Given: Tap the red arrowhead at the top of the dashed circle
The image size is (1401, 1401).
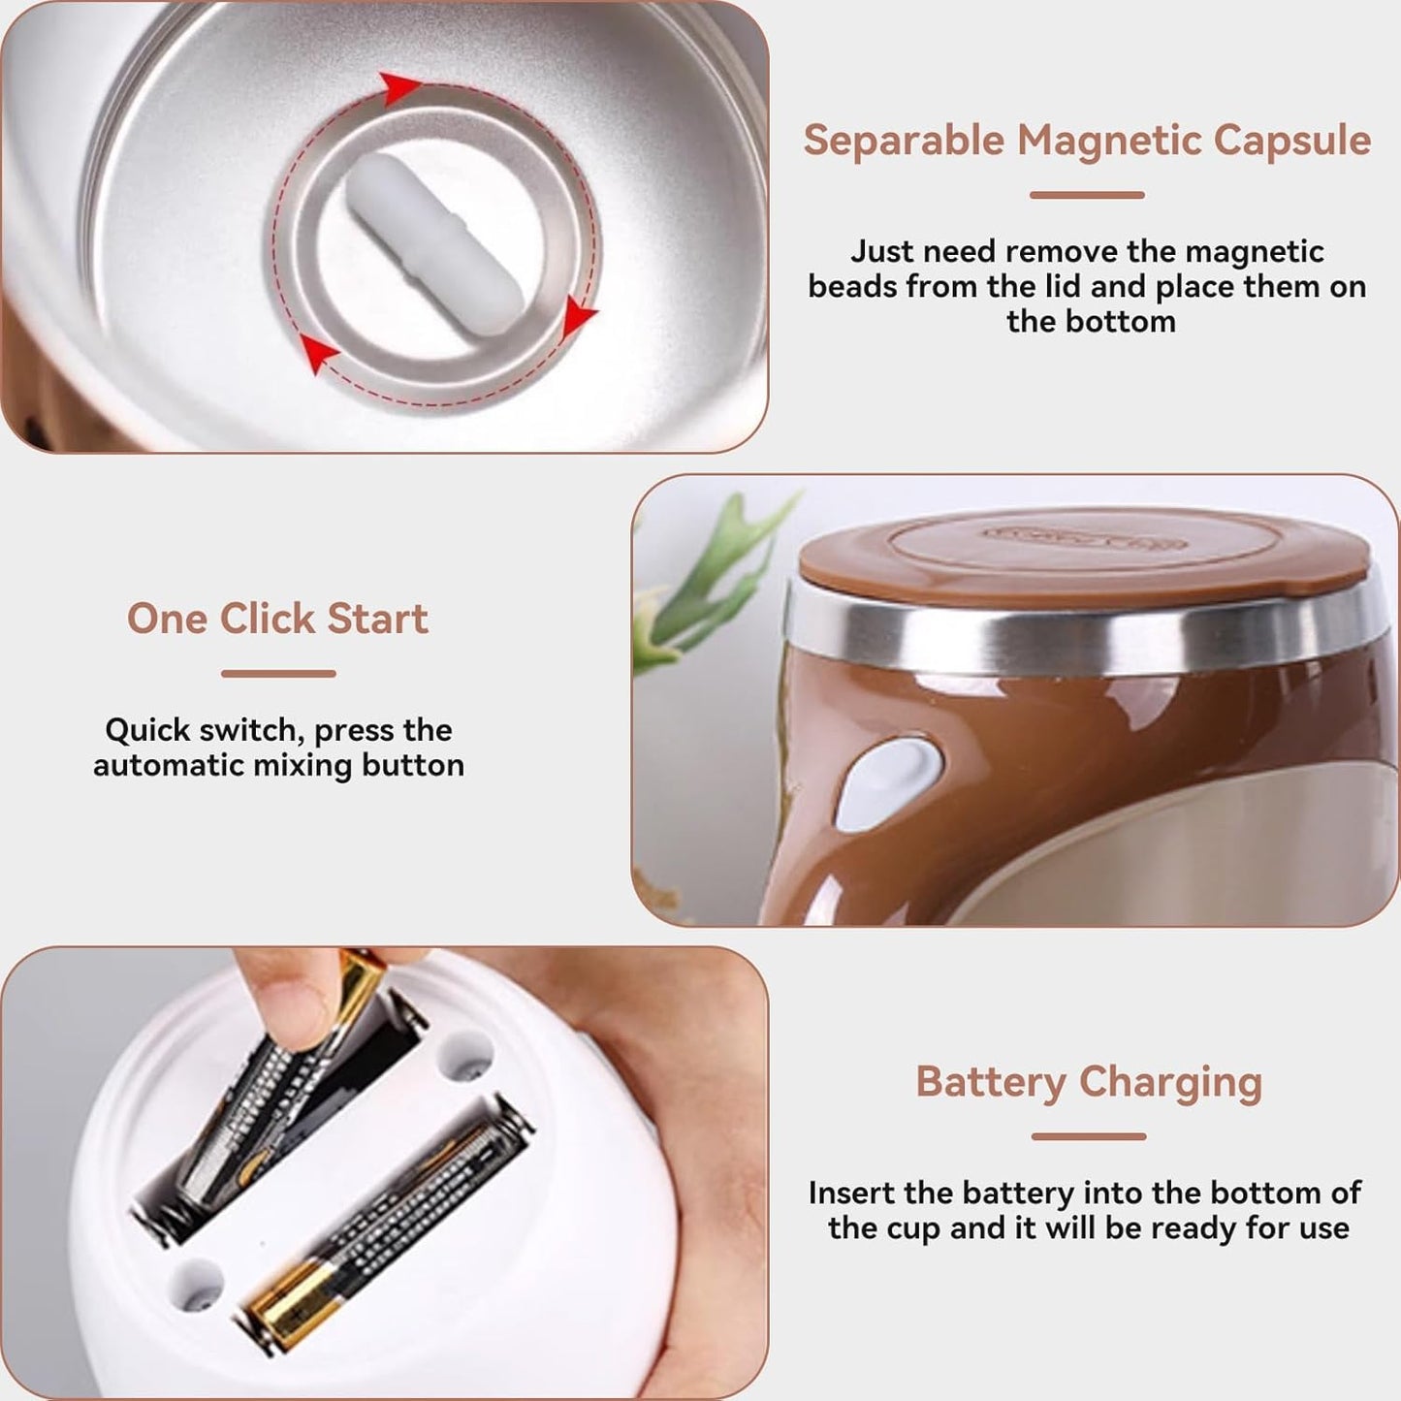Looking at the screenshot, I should tap(397, 87).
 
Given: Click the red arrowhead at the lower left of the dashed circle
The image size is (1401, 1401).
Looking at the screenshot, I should tap(318, 353).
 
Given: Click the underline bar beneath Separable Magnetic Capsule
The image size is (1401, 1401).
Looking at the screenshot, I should tap(1087, 195).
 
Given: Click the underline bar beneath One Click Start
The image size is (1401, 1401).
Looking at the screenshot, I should tap(278, 673).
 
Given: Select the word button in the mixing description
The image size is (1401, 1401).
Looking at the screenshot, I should tap(413, 765).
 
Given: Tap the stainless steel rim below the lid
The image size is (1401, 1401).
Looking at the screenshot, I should tap(1076, 635).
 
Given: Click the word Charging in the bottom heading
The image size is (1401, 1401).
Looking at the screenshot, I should tap(1170, 1082).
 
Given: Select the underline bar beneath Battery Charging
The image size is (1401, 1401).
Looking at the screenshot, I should tap(1088, 1136).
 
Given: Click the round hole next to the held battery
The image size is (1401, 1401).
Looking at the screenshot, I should tap(465, 1057).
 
